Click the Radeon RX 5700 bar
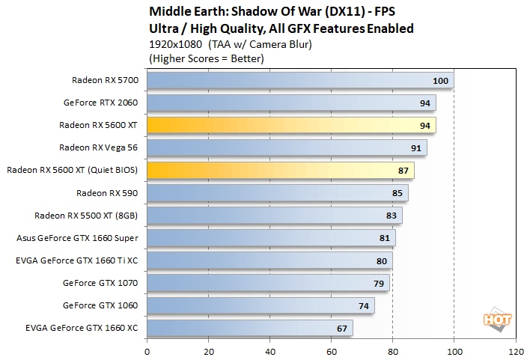tap(299, 80)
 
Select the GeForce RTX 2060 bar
tap(291, 103)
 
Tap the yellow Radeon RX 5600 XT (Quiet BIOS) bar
tap(280, 170)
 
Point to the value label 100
tap(440, 81)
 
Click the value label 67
tap(342, 328)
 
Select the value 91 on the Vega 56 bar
tap(417, 148)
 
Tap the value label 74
tap(364, 305)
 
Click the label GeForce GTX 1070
tap(106, 283)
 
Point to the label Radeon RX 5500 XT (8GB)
tap(91, 216)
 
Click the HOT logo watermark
tap(496, 320)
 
